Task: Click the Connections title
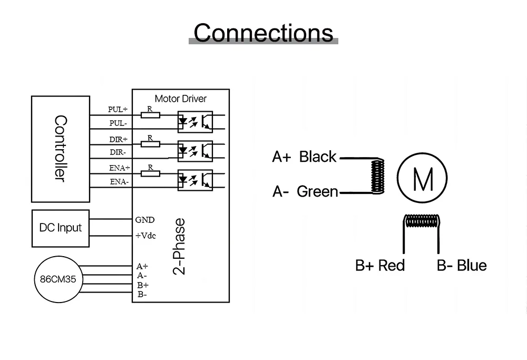263,33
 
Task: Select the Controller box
60,149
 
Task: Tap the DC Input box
61,228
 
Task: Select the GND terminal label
145,220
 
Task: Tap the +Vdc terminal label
146,236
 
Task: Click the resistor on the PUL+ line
150,114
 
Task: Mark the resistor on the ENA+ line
150,172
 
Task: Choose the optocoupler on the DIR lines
194,150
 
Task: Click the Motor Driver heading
181,99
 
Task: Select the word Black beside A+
318,157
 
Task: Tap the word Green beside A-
317,191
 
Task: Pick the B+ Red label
380,265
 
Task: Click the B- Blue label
462,265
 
